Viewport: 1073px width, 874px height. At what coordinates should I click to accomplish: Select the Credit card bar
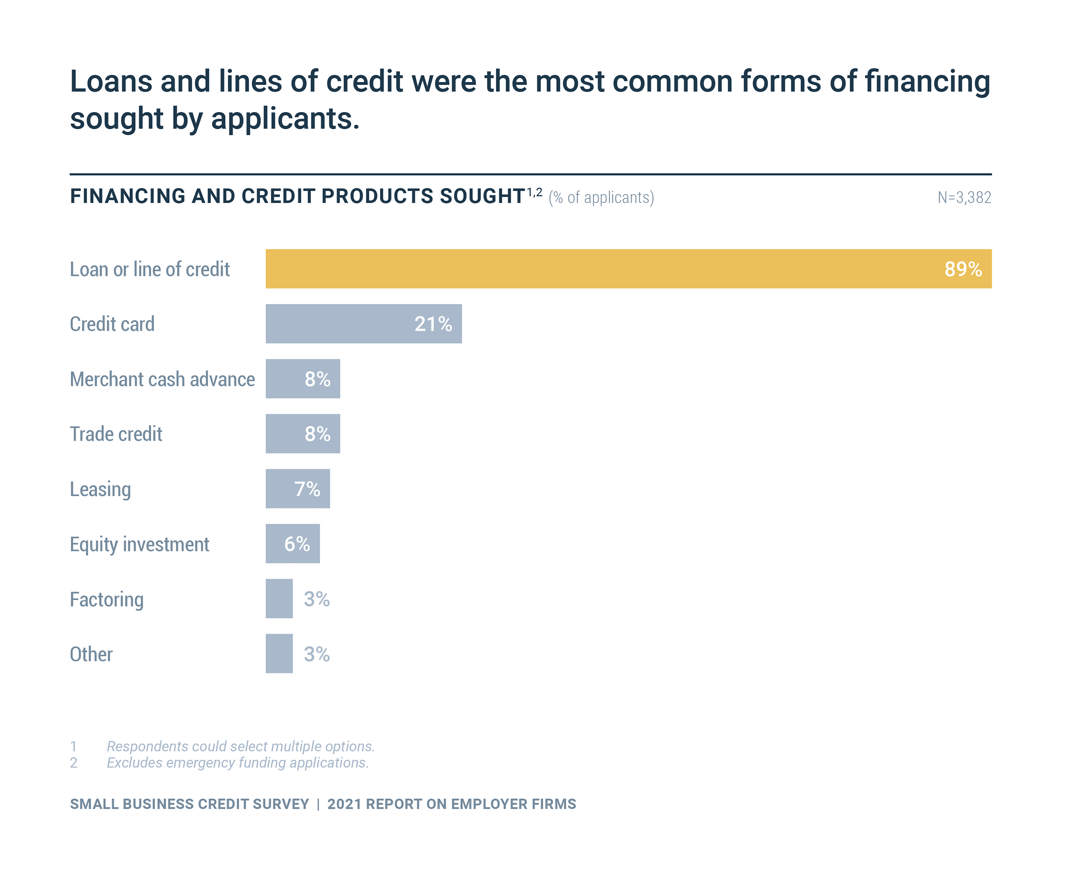point(352,323)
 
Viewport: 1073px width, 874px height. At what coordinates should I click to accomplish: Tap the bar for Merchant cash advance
point(287,379)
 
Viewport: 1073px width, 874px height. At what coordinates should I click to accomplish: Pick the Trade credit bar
point(287,434)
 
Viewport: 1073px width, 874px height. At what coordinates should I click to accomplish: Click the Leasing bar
point(282,489)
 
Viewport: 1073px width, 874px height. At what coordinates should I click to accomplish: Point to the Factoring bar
point(279,598)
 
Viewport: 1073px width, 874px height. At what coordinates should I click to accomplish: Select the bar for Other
point(279,653)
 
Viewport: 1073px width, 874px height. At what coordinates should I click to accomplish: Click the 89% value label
point(962,269)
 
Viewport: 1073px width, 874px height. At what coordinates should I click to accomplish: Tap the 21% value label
point(433,324)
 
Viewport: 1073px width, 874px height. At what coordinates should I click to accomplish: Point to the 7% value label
point(307,489)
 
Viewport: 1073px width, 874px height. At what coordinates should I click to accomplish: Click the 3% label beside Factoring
point(317,598)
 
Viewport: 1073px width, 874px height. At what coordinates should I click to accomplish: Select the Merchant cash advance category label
point(162,379)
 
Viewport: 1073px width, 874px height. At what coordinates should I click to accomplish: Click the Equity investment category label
point(139,544)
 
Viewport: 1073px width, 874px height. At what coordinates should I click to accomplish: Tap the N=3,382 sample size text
point(964,197)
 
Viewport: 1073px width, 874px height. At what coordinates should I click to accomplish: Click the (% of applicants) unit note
point(601,197)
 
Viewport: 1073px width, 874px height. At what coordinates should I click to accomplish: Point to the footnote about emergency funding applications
point(237,763)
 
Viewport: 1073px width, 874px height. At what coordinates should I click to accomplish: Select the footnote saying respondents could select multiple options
point(241,746)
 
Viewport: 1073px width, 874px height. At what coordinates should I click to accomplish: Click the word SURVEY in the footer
point(280,804)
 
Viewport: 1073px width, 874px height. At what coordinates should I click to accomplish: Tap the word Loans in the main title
point(111,82)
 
